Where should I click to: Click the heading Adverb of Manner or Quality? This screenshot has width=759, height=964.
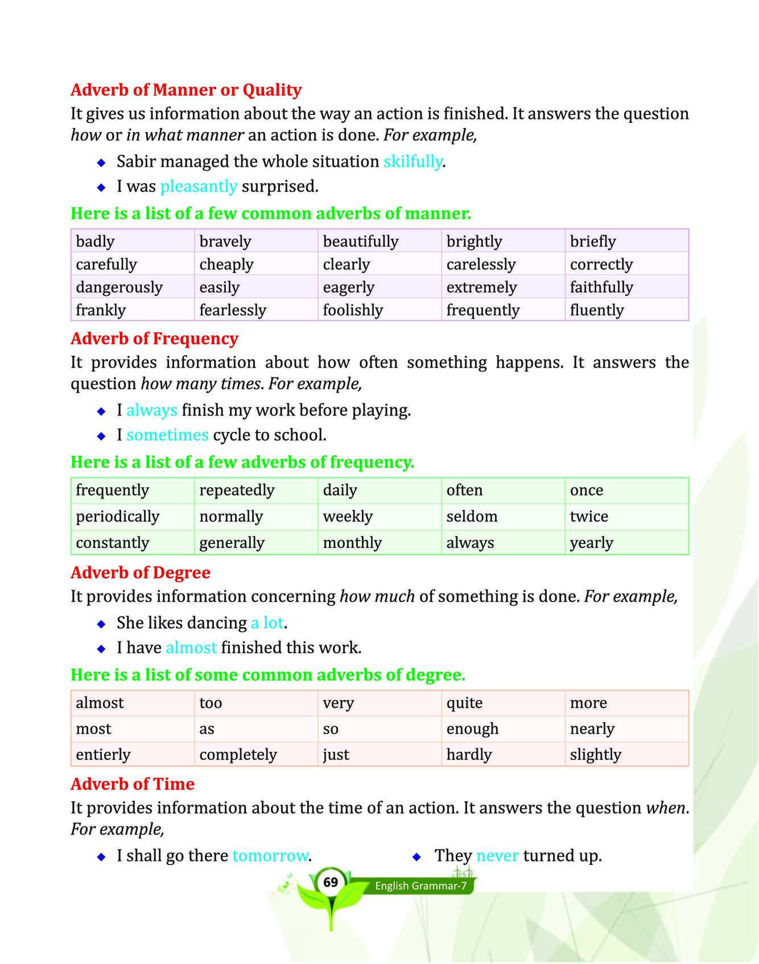(186, 90)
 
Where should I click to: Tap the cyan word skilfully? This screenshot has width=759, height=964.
(412, 162)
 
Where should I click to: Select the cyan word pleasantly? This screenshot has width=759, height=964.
(199, 187)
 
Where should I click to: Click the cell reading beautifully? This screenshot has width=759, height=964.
(360, 241)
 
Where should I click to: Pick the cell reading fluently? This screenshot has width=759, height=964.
(596, 310)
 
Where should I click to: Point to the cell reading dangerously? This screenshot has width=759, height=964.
(119, 287)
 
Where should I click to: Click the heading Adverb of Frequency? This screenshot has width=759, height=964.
(154, 339)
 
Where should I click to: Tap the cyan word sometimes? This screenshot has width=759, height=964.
(167, 435)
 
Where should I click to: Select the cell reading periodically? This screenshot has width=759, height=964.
(117, 517)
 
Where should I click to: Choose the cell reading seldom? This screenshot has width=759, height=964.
(472, 517)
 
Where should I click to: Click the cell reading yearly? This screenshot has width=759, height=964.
(591, 543)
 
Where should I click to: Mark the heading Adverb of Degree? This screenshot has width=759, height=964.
(141, 572)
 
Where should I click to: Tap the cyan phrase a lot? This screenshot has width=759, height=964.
(267, 623)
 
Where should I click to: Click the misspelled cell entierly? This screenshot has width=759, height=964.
(103, 755)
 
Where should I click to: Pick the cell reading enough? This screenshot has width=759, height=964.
(472, 729)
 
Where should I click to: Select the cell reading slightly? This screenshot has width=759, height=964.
(595, 755)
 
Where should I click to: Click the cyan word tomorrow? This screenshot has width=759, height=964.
(270, 856)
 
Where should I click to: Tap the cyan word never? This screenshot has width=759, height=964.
(497, 856)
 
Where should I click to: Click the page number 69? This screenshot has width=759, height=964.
(331, 883)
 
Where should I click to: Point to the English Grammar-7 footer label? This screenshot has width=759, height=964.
(420, 886)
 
